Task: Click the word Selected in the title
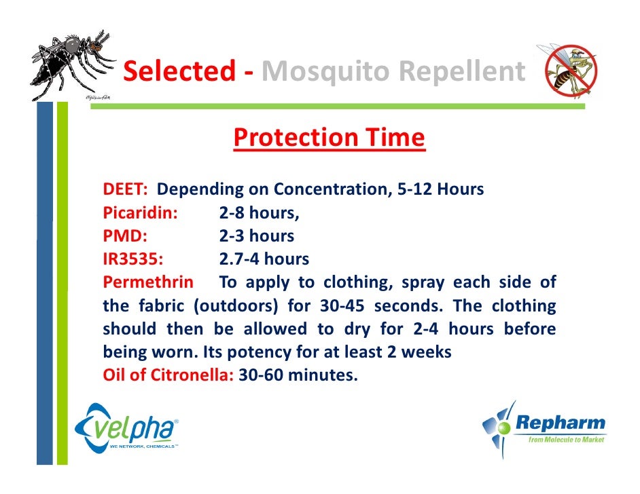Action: tap(178, 72)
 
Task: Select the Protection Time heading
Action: tap(329, 138)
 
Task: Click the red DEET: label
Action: tap(125, 189)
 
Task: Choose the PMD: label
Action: tap(125, 236)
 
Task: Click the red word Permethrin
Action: tap(147, 282)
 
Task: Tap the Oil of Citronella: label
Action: tap(168, 375)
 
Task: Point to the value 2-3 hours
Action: tap(256, 236)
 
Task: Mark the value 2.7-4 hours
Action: tap(264, 259)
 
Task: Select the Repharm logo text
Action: tap(561, 423)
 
